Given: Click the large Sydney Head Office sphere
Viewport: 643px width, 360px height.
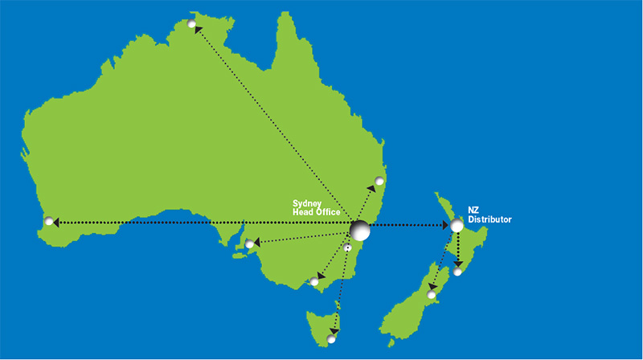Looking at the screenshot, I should tap(359, 230).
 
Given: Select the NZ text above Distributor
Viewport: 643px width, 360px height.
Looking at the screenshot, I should tap(474, 208).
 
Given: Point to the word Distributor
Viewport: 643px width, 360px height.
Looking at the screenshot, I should tap(489, 219).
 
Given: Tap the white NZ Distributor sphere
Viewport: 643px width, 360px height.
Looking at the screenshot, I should tap(457, 226).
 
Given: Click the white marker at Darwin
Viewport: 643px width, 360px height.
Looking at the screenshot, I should tap(192, 25).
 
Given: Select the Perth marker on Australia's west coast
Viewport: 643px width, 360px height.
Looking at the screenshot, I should tap(50, 221).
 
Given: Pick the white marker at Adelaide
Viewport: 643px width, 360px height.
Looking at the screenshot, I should tap(250, 243).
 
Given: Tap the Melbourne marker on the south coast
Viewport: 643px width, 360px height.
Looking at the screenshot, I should tap(313, 281).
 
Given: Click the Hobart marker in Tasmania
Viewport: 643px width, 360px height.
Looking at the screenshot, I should tap(331, 339).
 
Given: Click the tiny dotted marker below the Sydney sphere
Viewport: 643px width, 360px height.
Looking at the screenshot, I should tap(347, 248).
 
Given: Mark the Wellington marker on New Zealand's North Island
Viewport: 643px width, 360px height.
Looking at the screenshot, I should tap(458, 272).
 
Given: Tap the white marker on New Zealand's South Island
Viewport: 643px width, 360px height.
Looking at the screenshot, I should tap(432, 296).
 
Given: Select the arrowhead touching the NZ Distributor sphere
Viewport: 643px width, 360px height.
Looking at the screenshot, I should tap(444, 227).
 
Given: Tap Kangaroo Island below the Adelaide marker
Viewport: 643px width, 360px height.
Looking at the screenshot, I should tap(239, 256).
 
